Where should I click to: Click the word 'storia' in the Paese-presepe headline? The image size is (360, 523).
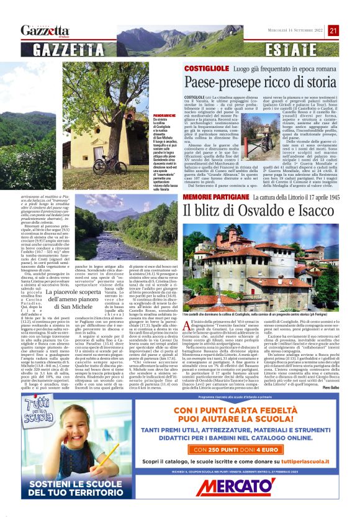point(320,81)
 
